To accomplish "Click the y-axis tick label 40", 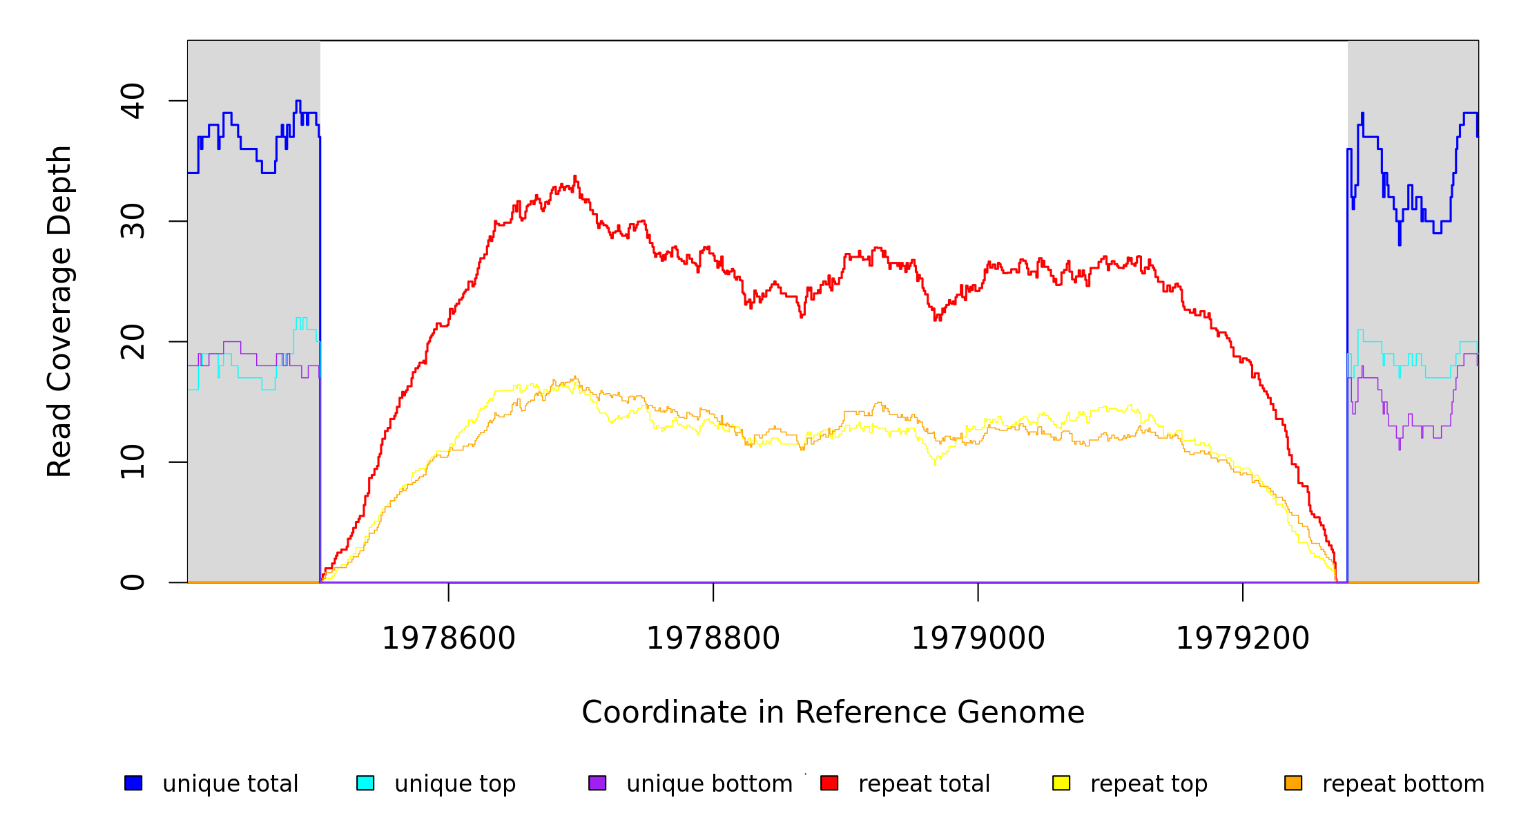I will [x=133, y=101].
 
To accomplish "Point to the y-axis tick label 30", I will [x=133, y=221].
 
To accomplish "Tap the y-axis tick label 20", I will [x=133, y=342].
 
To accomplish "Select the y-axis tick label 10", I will [x=133, y=462].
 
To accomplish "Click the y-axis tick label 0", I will [x=133, y=582].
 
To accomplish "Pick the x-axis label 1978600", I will [x=449, y=638].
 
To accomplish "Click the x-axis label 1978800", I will [x=713, y=638].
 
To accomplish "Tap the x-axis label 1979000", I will [x=978, y=638].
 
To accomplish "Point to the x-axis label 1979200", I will [x=1243, y=638].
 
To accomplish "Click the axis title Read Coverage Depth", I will [x=59, y=311].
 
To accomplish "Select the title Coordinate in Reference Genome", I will [x=833, y=712].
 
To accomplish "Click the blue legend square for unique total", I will [x=133, y=783].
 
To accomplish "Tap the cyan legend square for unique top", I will [x=365, y=783].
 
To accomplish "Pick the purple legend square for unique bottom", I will [x=597, y=783].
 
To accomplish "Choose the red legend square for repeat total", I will [x=829, y=783].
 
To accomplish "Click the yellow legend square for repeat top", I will [x=1061, y=783].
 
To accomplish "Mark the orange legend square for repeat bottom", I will [x=1293, y=783].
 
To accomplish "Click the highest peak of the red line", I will [x=574, y=176].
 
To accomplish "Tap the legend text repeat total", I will [x=925, y=784].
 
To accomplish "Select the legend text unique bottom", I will [x=710, y=784].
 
